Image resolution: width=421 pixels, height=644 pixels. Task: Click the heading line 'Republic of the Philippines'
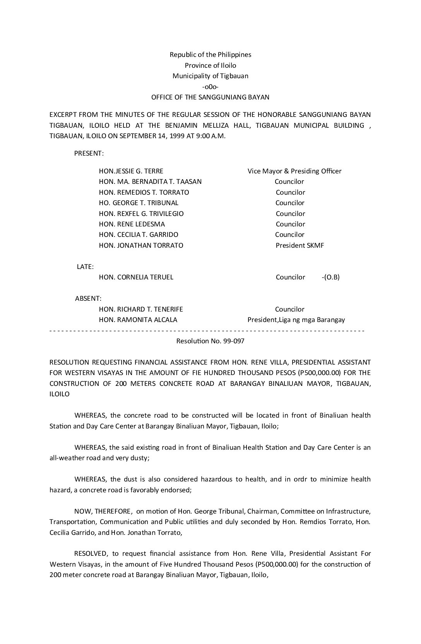[210, 55]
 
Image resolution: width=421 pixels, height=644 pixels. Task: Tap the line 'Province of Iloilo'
[210, 65]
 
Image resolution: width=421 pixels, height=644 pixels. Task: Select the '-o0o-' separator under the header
[210, 87]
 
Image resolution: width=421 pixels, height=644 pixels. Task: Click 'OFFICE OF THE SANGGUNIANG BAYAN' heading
[210, 97]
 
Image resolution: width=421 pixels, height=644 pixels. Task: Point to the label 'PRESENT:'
[89, 153]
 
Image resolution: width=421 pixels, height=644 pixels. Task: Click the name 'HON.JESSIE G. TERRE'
[131, 171]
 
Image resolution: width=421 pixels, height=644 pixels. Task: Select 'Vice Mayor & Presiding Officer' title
[294, 171]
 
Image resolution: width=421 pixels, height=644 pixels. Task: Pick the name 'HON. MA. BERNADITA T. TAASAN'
[150, 182]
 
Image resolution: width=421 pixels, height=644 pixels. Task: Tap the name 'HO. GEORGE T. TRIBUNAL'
[139, 203]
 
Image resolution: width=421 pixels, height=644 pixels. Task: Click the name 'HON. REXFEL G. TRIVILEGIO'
[141, 214]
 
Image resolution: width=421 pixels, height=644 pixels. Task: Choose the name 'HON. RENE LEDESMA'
[132, 224]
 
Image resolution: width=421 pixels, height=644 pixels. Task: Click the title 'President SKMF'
[299, 245]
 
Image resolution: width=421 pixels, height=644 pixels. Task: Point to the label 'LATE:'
[85, 267]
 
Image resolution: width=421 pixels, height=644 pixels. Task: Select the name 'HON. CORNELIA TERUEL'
[136, 277]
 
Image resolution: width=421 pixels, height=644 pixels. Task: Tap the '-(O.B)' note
[330, 277]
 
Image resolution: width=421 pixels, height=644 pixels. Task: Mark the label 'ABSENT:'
[88, 298]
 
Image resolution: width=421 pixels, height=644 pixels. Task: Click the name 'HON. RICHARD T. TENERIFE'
[141, 309]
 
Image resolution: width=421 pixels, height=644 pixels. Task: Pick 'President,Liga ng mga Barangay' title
[296, 320]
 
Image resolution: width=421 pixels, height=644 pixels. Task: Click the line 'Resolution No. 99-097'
[210, 341]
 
